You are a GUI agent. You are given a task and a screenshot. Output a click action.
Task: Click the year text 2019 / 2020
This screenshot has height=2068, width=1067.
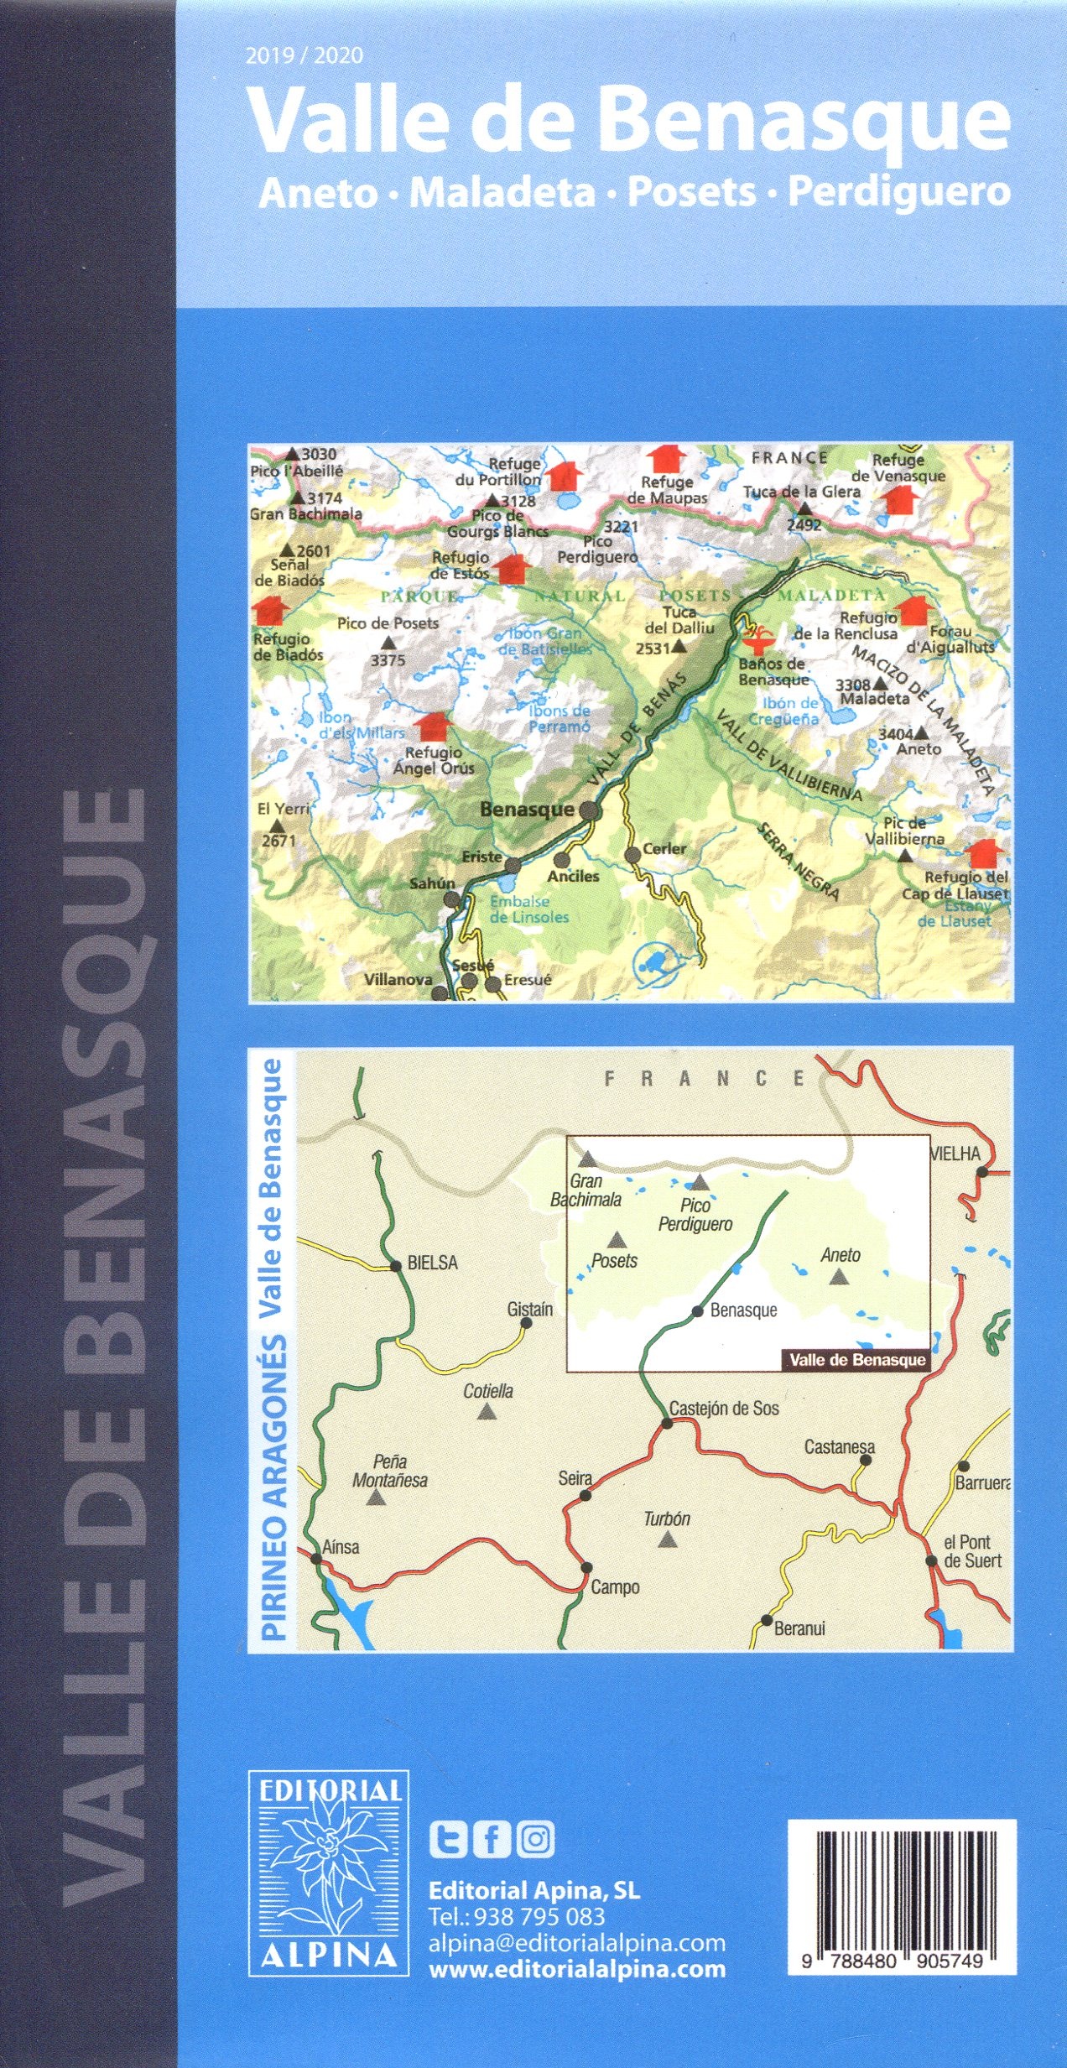[304, 55]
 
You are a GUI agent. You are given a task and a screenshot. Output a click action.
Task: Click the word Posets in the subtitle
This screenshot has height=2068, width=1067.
[692, 192]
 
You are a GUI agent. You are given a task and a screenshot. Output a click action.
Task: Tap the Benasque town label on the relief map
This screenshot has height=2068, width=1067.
[527, 810]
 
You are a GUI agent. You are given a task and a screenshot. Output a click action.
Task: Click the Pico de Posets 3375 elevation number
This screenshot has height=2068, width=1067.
[388, 660]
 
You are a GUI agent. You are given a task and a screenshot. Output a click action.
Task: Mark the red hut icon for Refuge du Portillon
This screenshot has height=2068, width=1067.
[564, 476]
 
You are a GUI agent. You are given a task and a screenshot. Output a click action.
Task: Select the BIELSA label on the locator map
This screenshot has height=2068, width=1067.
[432, 1263]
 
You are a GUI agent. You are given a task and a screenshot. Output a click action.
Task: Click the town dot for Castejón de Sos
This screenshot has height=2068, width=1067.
[667, 1422]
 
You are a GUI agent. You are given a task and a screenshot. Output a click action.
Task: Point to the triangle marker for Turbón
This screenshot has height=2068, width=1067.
[667, 1539]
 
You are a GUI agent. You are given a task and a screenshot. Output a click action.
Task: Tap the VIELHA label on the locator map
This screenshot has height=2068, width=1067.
[955, 1154]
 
